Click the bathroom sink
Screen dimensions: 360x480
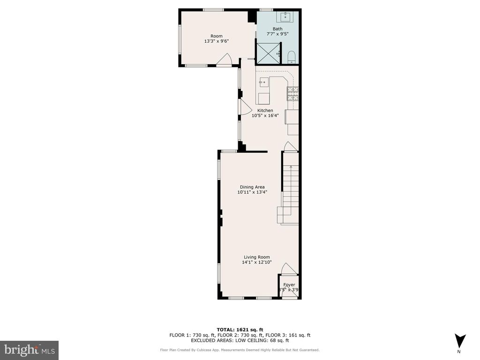285,17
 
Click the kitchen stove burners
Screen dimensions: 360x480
293,94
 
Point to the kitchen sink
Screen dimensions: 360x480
263,82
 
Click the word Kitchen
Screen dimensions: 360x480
265,111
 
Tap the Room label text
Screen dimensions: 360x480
216,36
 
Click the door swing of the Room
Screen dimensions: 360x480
225,60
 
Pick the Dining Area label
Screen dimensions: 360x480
252,187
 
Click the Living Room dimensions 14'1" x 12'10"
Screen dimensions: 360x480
256,262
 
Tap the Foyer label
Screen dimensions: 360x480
289,285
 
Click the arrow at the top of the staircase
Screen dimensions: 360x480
291,167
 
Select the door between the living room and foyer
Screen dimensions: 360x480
288,269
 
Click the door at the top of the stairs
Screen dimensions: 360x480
290,147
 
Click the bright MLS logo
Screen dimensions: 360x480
29,350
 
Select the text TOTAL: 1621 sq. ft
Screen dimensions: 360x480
240,330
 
